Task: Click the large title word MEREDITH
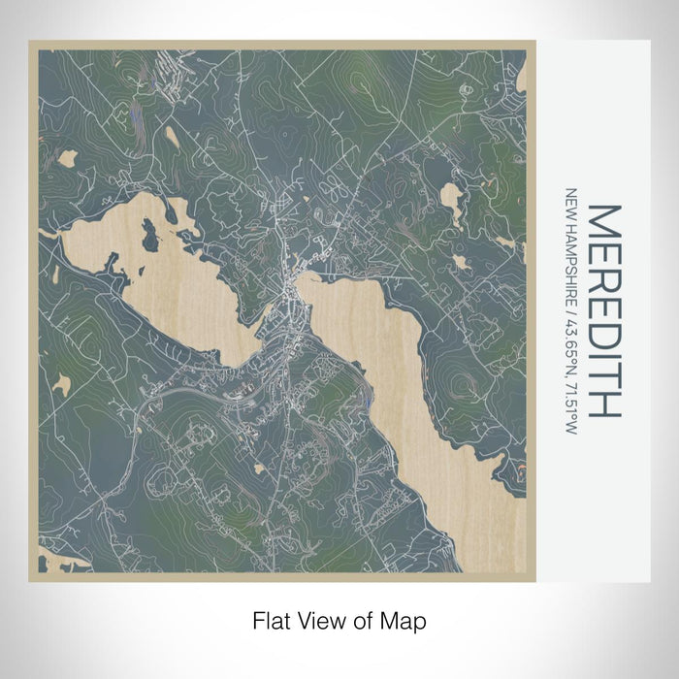[x=601, y=310]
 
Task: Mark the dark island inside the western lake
[x=150, y=234]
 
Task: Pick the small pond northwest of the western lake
[x=67, y=157]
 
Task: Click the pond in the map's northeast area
[x=452, y=199]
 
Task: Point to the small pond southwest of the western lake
[x=62, y=384]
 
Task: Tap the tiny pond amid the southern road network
[x=260, y=468]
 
